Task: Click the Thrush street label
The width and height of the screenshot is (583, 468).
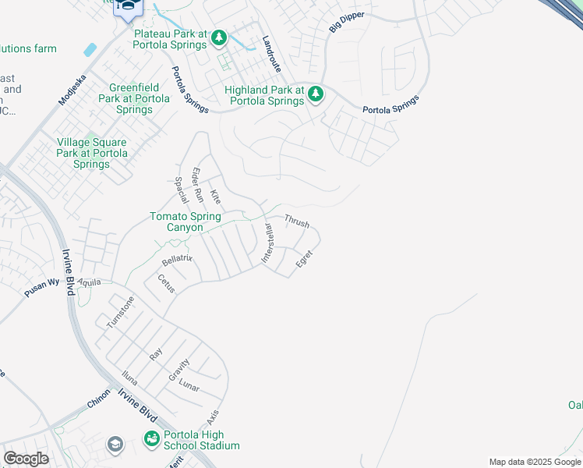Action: coord(296,222)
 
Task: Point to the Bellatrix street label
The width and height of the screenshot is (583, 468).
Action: coord(177,260)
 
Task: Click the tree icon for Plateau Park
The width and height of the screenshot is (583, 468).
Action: coord(219,37)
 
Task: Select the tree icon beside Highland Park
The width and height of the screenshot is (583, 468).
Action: coord(315,94)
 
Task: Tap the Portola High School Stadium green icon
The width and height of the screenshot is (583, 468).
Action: coord(150,440)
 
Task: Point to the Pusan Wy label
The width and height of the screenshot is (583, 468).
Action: coord(41,287)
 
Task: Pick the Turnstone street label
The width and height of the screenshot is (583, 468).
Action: coord(121,311)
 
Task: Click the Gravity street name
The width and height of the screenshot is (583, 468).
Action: coord(179,369)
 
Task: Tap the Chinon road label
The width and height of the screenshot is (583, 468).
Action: coord(99,399)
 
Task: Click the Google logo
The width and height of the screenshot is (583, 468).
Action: coord(26,459)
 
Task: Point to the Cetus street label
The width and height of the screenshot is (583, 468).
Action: coord(166,283)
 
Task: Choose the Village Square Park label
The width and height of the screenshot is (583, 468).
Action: coord(92,153)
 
